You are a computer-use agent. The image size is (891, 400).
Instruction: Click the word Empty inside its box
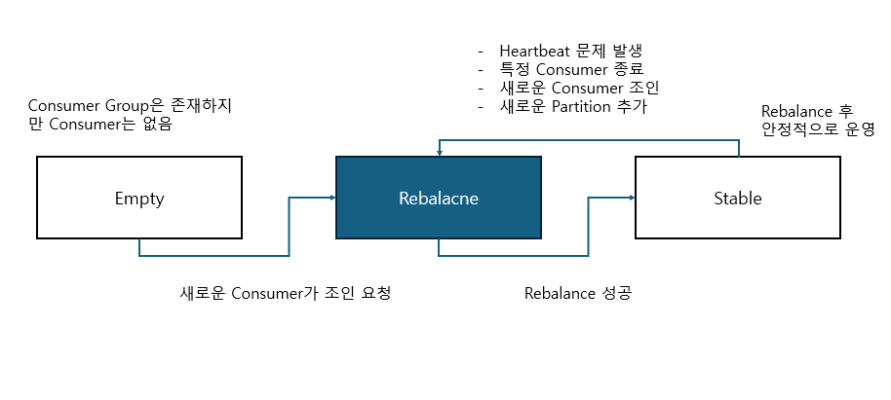click(139, 199)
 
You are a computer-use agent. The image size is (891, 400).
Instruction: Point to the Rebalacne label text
click(439, 199)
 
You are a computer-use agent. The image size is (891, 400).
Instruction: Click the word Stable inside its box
click(737, 199)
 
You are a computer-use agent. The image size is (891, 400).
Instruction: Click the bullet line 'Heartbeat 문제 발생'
click(570, 51)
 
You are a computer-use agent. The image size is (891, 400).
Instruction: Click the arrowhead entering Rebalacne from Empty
click(331, 199)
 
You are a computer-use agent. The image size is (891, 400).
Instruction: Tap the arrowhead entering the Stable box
click(631, 199)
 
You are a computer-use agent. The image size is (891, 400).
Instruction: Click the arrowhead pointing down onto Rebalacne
click(439, 151)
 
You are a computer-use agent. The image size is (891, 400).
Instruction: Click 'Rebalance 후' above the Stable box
click(806, 110)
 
